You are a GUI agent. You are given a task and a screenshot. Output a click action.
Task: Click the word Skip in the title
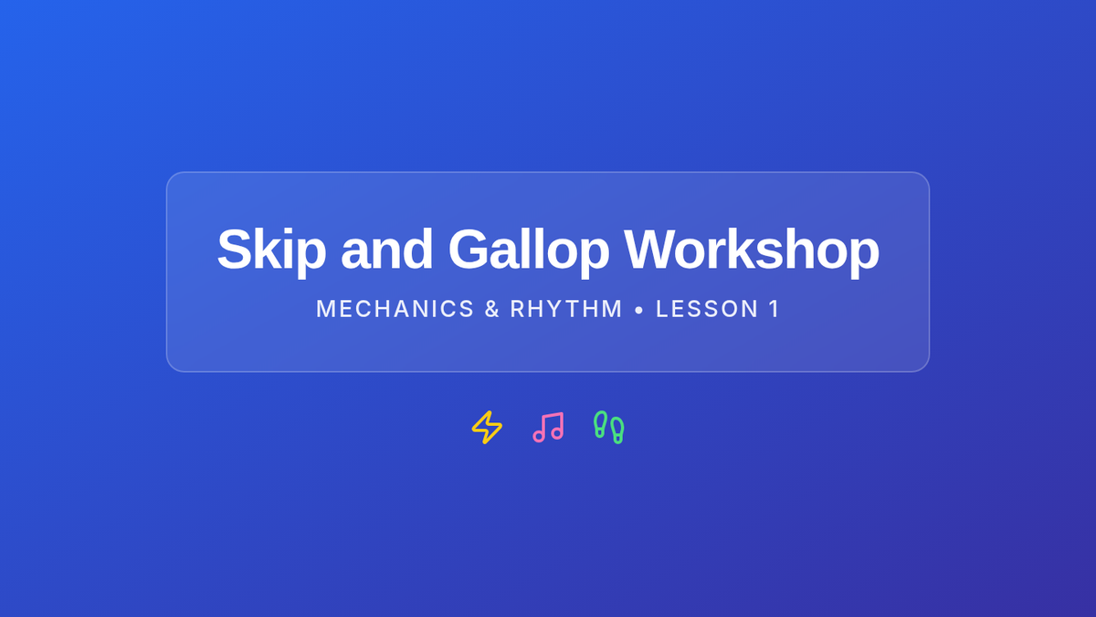271,251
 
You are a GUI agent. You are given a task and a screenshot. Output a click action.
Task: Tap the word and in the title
386,250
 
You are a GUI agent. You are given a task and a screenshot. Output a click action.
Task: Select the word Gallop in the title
529,251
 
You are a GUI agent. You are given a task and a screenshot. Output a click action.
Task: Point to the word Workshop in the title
751,251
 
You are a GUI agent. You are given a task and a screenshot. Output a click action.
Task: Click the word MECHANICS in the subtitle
395,309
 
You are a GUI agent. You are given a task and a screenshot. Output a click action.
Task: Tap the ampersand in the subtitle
492,309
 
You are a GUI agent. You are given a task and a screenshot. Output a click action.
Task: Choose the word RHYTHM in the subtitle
566,309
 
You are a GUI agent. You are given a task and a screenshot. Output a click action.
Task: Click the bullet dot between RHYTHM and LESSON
638,310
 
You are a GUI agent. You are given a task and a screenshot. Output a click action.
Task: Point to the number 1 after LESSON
775,309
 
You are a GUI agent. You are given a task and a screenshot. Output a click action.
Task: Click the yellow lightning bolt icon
487,428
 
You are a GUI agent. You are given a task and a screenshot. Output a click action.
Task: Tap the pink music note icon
548,428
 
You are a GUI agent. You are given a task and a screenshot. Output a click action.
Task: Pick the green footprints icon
608,428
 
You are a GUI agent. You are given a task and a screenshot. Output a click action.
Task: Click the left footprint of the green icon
600,424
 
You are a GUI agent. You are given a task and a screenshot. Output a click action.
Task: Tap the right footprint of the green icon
617,431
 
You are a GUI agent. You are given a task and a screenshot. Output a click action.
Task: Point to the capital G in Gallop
470,250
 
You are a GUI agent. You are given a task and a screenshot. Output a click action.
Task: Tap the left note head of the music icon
539,436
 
